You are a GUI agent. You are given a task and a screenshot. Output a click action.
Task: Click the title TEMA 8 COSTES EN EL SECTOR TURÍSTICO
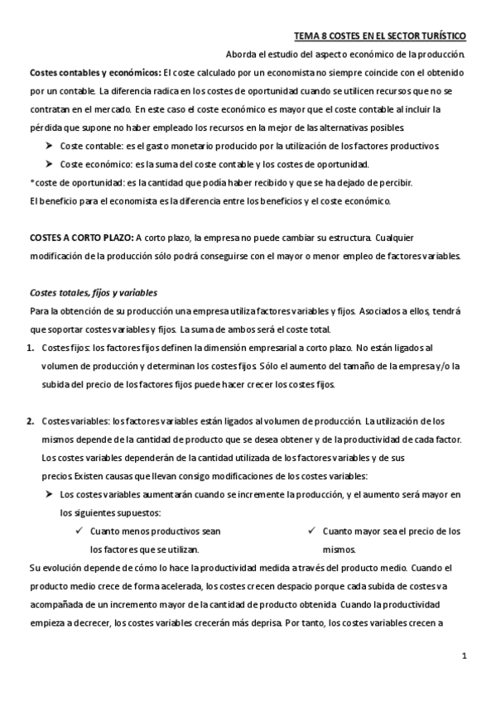tap(380, 36)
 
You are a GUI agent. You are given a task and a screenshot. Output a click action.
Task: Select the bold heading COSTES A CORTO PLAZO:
tap(80, 238)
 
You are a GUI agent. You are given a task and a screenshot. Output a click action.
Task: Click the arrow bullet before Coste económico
tap(49, 165)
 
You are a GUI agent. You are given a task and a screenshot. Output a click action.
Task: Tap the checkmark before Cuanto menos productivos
tap(79, 531)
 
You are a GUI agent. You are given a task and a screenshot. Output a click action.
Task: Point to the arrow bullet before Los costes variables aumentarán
tap(49, 494)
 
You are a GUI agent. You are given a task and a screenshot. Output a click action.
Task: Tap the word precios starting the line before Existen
tap(56, 476)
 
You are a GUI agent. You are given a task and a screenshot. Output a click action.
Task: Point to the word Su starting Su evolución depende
tap(34, 568)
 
